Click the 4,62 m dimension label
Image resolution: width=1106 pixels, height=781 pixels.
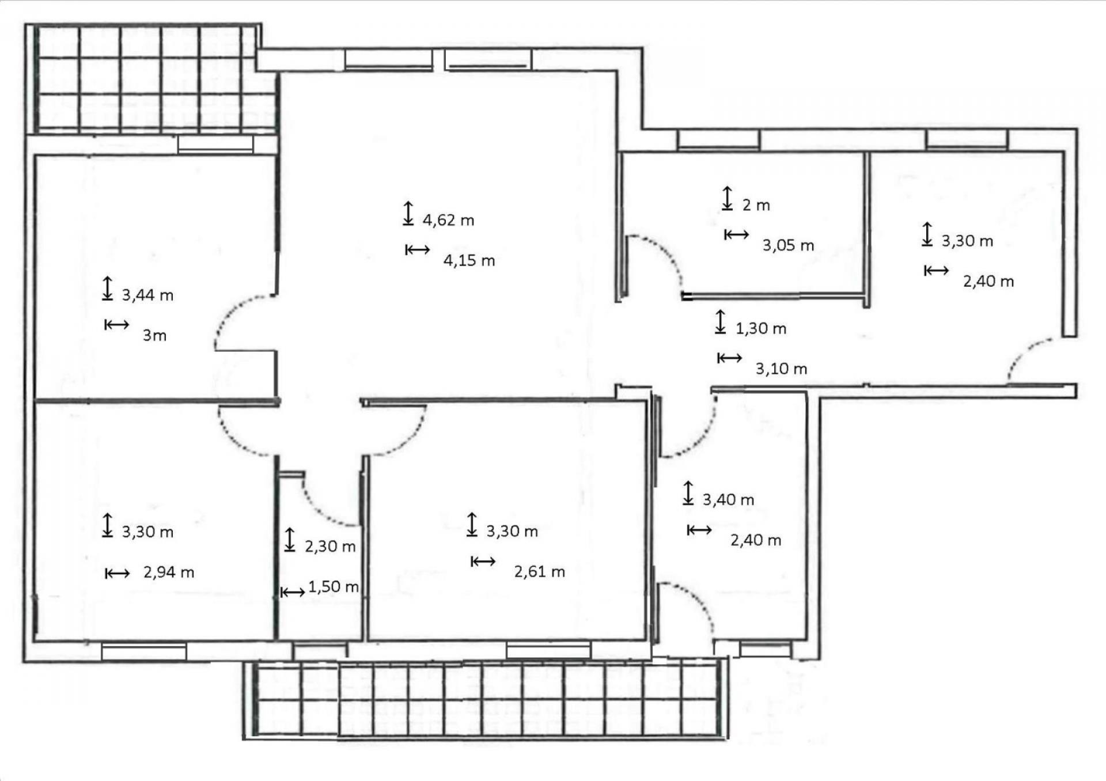[448, 220]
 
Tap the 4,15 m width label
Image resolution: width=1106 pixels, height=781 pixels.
[469, 260]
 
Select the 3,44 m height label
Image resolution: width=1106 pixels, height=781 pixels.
[147, 295]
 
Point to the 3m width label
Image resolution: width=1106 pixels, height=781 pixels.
[154, 335]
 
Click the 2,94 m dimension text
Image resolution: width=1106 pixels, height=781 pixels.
[169, 572]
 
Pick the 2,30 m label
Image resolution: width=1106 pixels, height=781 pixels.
[330, 546]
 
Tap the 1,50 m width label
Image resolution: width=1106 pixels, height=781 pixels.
[334, 586]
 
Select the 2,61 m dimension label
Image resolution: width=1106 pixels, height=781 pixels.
[540, 571]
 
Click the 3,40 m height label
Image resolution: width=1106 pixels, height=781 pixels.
[728, 499]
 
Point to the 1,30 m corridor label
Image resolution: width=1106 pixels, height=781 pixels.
[761, 328]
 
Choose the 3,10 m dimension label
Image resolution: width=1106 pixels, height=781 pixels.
[781, 369]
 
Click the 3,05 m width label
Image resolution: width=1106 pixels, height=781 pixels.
[788, 245]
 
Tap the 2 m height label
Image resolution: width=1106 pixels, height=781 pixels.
[756, 205]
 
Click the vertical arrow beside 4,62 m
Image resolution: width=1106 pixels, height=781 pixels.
[408, 213]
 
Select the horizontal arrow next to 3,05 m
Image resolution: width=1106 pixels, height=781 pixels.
[737, 234]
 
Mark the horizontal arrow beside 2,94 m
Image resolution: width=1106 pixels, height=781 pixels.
[118, 573]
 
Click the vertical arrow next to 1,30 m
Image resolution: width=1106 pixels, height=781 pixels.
[720, 321]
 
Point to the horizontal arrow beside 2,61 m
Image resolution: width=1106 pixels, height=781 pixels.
[483, 561]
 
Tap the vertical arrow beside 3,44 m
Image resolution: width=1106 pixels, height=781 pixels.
[107, 289]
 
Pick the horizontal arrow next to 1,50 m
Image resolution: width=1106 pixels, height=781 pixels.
[293, 592]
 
